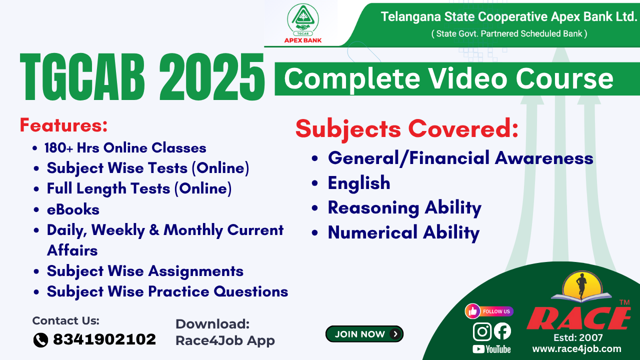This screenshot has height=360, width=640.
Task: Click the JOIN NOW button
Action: click(x=364, y=334)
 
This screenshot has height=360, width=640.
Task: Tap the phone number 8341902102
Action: click(x=104, y=339)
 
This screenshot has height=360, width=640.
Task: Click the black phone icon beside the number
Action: click(x=40, y=340)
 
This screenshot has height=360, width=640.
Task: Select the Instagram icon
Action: click(x=482, y=331)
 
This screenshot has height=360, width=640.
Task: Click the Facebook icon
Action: click(x=502, y=331)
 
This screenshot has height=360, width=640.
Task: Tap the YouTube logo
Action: click(x=491, y=349)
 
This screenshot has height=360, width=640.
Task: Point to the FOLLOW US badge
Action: click(x=489, y=311)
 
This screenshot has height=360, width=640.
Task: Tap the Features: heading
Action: click(x=63, y=125)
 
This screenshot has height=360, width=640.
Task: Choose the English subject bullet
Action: click(x=358, y=183)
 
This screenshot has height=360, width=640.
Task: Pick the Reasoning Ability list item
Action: click(x=404, y=207)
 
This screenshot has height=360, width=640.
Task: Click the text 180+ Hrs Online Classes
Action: click(x=125, y=148)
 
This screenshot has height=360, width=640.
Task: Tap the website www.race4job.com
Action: click(x=576, y=348)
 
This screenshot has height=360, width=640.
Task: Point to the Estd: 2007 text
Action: click(x=578, y=337)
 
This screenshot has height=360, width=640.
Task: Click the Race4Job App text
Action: click(x=225, y=340)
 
